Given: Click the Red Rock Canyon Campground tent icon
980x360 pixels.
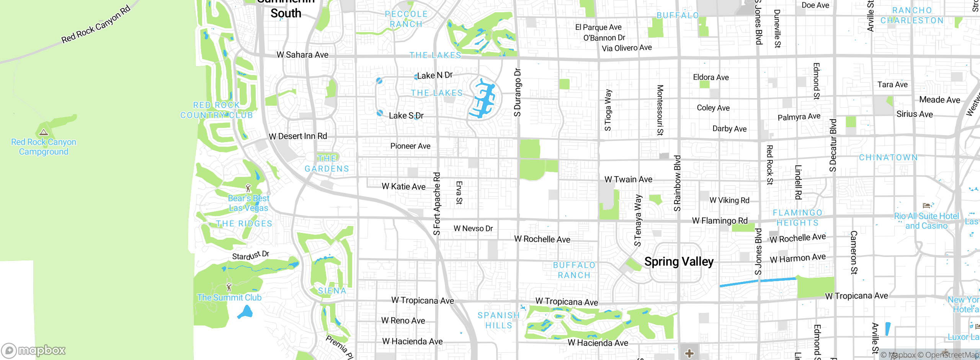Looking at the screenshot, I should coord(44,133).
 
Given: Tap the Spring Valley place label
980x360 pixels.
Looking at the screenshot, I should coord(679,262).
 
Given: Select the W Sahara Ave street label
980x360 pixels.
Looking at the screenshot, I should coord(302,55).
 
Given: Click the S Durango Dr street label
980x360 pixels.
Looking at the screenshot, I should coord(517,92).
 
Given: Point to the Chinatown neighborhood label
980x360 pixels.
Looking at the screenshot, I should coord(888,157).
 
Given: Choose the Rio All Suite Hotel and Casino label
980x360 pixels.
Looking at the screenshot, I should coord(926,221).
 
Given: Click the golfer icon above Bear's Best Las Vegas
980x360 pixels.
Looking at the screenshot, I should coord(248,188).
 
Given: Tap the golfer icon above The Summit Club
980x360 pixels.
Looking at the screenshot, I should coord(229,287).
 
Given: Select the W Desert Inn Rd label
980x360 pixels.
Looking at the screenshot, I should coord(298,136).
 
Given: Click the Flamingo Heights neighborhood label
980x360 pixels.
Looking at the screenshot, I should coord(797,218).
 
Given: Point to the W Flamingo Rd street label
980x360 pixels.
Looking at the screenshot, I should coord(720,221).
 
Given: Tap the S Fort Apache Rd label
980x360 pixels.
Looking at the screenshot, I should coord(437,203).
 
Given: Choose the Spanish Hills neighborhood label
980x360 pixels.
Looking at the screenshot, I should coord(498,320).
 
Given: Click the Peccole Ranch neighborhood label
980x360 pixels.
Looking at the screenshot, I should coord(406,19).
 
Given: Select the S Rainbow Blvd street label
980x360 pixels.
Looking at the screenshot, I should coord(677,183).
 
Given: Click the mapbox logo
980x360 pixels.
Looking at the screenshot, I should coord(34,350).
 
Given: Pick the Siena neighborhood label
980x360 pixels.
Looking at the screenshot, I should coord(332,291).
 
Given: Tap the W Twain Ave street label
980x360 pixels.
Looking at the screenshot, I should coord(628,179).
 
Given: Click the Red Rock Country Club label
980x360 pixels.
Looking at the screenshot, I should coord(217,110).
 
